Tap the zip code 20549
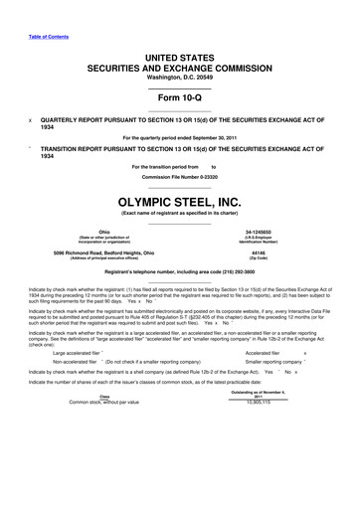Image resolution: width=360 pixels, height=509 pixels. point(216,77)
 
